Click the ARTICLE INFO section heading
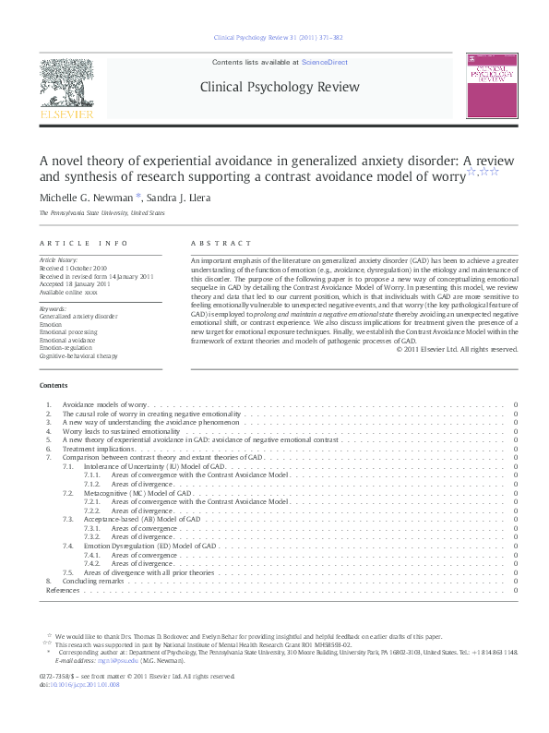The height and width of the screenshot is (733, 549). coord(84,243)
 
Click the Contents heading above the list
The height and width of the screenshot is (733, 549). coord(53,385)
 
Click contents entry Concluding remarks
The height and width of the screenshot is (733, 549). coord(92,581)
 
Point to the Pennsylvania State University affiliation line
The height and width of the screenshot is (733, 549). coord(101,213)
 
